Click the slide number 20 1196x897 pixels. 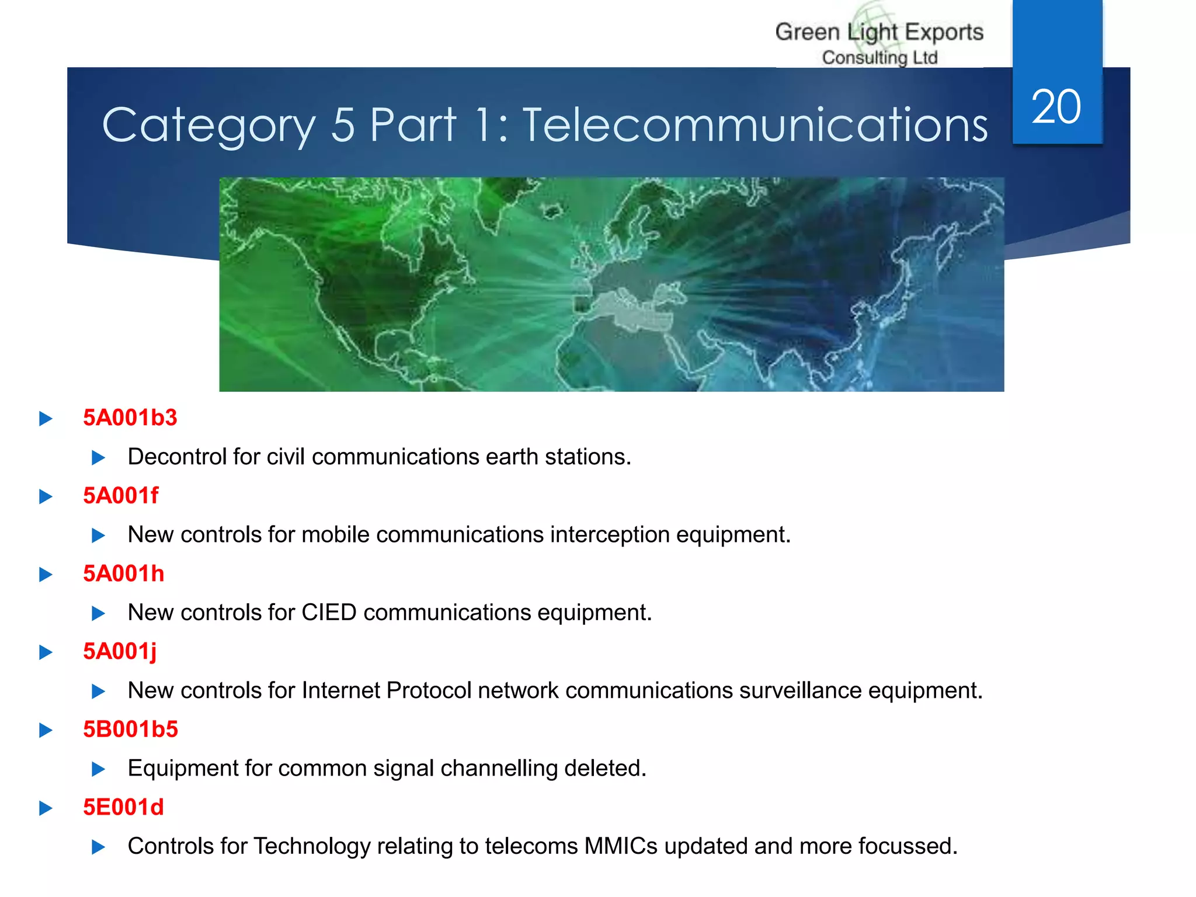pyautogui.click(x=1056, y=107)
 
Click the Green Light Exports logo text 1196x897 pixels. pyautogui.click(x=879, y=32)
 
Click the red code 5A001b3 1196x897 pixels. pyautogui.click(x=130, y=418)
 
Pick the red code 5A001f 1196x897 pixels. pyautogui.click(x=120, y=496)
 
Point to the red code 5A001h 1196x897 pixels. pyautogui.click(x=123, y=573)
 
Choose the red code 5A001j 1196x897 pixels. pyautogui.click(x=120, y=651)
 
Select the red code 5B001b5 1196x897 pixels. pyautogui.click(x=130, y=729)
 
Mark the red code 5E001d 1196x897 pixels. pyautogui.click(x=123, y=807)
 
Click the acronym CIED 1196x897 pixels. pyautogui.click(x=329, y=613)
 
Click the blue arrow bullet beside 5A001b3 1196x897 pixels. pyautogui.click(x=46, y=419)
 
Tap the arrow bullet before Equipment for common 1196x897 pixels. pyautogui.click(x=98, y=769)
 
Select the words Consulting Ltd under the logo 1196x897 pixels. pyautogui.click(x=879, y=58)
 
